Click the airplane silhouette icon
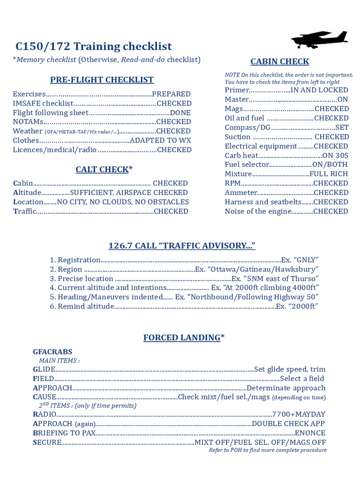pos(320,39)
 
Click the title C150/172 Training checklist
pos(94,46)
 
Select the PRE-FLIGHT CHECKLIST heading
pos(102,80)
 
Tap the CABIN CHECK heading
pos(279,61)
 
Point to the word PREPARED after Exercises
pos(171,94)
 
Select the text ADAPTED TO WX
pos(160,141)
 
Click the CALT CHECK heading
pos(102,169)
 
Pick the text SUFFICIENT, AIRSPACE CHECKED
pos(129,193)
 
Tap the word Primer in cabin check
pos(237,90)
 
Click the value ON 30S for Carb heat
pos(335,156)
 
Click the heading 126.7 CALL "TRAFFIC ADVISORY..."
pos(182,246)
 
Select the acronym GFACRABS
pos(52,352)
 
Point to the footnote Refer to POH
pos(268,450)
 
